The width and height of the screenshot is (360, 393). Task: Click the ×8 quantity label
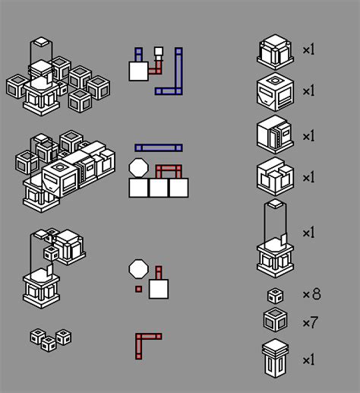point(311,294)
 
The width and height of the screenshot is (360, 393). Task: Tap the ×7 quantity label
point(310,323)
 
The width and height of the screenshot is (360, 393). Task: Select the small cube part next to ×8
point(275,296)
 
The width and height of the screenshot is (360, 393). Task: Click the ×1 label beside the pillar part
point(308,360)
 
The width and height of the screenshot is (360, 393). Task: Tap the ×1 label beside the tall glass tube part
point(308,233)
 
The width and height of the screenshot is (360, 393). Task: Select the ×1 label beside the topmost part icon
point(308,50)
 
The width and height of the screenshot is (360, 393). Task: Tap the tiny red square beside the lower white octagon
point(138,290)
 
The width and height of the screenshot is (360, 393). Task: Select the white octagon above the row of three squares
point(138,166)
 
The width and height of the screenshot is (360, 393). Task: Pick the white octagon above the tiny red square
point(138,268)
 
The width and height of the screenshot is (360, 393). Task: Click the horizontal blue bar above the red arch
point(159,147)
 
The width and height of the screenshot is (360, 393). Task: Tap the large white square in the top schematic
point(138,71)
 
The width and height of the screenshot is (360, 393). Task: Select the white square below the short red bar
point(159,289)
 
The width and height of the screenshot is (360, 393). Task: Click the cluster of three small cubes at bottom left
point(51,339)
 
